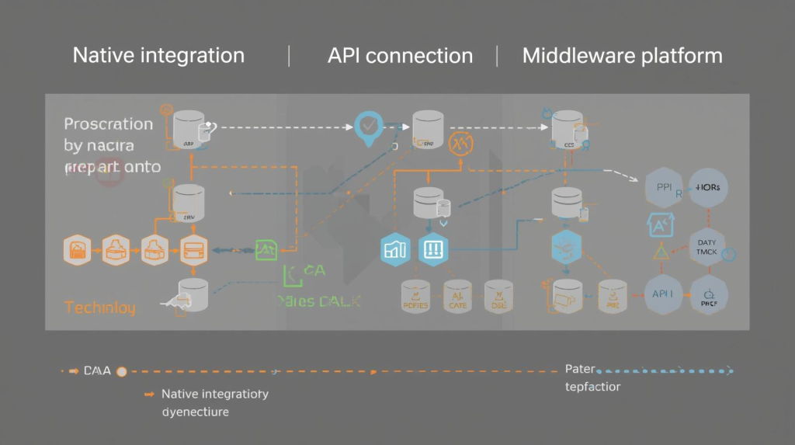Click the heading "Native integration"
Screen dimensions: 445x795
tap(158, 56)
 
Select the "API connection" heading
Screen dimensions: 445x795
tap(400, 56)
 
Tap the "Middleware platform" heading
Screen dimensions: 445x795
tap(622, 56)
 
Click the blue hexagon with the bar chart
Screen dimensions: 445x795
tap(396, 249)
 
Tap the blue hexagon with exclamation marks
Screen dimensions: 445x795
tap(433, 249)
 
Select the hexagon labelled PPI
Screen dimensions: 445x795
tap(665, 188)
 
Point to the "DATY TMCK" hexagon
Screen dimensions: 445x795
tap(707, 248)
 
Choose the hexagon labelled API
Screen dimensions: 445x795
tap(665, 294)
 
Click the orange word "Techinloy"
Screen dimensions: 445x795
tap(99, 308)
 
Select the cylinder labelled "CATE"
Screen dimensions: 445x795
tap(457, 298)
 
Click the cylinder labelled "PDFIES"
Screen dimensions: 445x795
tap(415, 298)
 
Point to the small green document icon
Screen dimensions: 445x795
tap(266, 250)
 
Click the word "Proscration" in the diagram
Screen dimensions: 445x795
tap(108, 124)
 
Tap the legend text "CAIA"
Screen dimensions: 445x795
tap(97, 371)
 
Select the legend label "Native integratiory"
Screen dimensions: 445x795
tap(215, 394)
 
